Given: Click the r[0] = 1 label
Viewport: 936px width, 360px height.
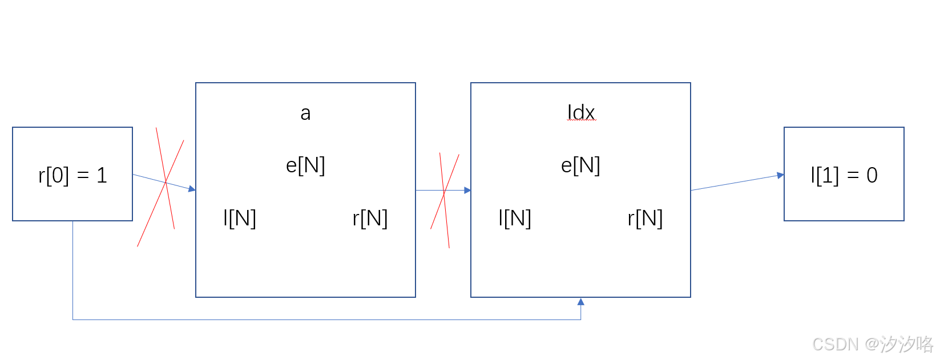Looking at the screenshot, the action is pyautogui.click(x=72, y=175).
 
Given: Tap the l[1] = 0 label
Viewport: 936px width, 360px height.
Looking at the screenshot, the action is pyautogui.click(x=844, y=175).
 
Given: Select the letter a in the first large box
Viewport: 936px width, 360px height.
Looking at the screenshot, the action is pyautogui.click(x=305, y=114).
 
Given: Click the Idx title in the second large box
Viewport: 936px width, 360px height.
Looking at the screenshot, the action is pyautogui.click(x=581, y=112).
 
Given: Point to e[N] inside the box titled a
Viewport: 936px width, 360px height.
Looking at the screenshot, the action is pyautogui.click(x=305, y=165).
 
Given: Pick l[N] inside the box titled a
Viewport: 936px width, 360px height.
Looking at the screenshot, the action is pyautogui.click(x=240, y=218).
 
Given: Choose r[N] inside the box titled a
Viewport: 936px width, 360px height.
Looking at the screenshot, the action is pyautogui.click(x=370, y=218).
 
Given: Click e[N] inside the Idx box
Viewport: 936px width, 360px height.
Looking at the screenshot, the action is pyautogui.click(x=580, y=165).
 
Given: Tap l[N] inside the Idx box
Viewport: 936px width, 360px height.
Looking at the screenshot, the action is pyautogui.click(x=515, y=218).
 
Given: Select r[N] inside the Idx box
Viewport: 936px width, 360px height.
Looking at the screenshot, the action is pyautogui.click(x=645, y=218).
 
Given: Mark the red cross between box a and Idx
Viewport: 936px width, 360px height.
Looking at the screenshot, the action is pyautogui.click(x=444, y=194).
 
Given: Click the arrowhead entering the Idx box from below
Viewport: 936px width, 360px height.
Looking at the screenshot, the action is pyautogui.click(x=580, y=302).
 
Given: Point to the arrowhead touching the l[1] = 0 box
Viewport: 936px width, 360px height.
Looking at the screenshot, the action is pyautogui.click(x=780, y=175).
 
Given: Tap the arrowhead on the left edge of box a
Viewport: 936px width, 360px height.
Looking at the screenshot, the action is pyautogui.click(x=192, y=189).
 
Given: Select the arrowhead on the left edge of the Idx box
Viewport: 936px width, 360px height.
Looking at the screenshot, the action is pyautogui.click(x=467, y=190).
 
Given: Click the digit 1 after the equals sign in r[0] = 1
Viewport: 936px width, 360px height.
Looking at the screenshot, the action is pyautogui.click(x=102, y=175).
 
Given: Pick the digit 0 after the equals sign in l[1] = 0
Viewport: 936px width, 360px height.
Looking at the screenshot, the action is pyautogui.click(x=872, y=175).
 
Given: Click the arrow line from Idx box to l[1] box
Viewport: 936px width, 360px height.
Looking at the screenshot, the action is pyautogui.click(x=736, y=183).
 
